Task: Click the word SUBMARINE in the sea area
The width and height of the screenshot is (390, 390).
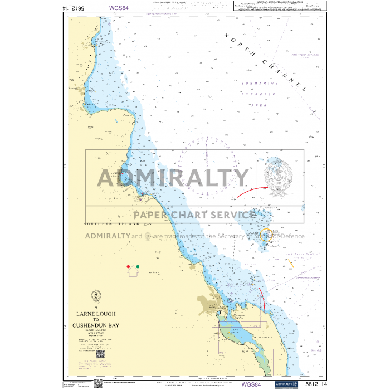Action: pyautogui.click(x=257, y=83)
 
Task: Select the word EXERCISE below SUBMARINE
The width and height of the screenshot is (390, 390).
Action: pyautogui.click(x=258, y=94)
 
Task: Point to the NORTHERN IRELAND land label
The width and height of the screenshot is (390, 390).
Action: pyautogui.click(x=111, y=223)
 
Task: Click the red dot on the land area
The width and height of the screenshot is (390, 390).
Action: pyautogui.click(x=129, y=267)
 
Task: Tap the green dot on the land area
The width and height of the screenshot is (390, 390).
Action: pyautogui.click(x=138, y=267)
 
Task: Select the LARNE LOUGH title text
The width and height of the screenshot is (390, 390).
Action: pyautogui.click(x=96, y=314)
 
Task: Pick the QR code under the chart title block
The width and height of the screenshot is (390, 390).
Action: pyautogui.click(x=100, y=353)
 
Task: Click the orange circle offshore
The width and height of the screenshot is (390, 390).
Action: pyautogui.click(x=266, y=235)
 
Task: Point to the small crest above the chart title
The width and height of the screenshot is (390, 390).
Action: pyautogui.click(x=96, y=295)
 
